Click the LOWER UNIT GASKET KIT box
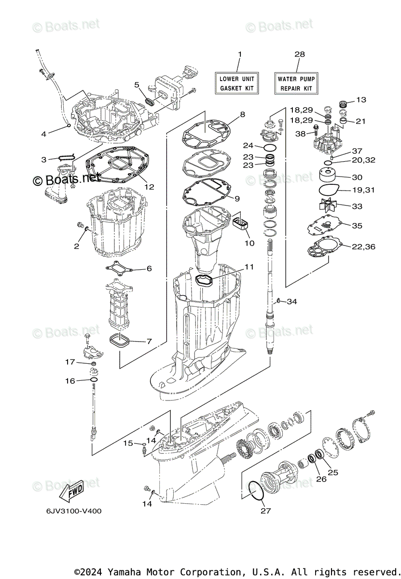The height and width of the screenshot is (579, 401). tap(237, 83)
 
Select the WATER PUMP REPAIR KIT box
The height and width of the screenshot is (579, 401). tap(296, 83)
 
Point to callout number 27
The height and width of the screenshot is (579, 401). tap(263, 511)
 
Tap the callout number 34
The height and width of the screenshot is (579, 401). tap(292, 302)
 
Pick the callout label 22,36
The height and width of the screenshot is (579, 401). tap(363, 247)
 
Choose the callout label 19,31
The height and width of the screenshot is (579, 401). tap(363, 190)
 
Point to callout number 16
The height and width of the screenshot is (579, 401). tap(70, 381)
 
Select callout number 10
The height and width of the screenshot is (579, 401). tap(249, 243)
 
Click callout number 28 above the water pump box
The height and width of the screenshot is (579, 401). tap(300, 55)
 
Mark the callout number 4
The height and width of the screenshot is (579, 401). tap(44, 134)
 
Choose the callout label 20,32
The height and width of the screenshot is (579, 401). tap(364, 160)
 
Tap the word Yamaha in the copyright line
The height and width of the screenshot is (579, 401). tap(124, 572)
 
